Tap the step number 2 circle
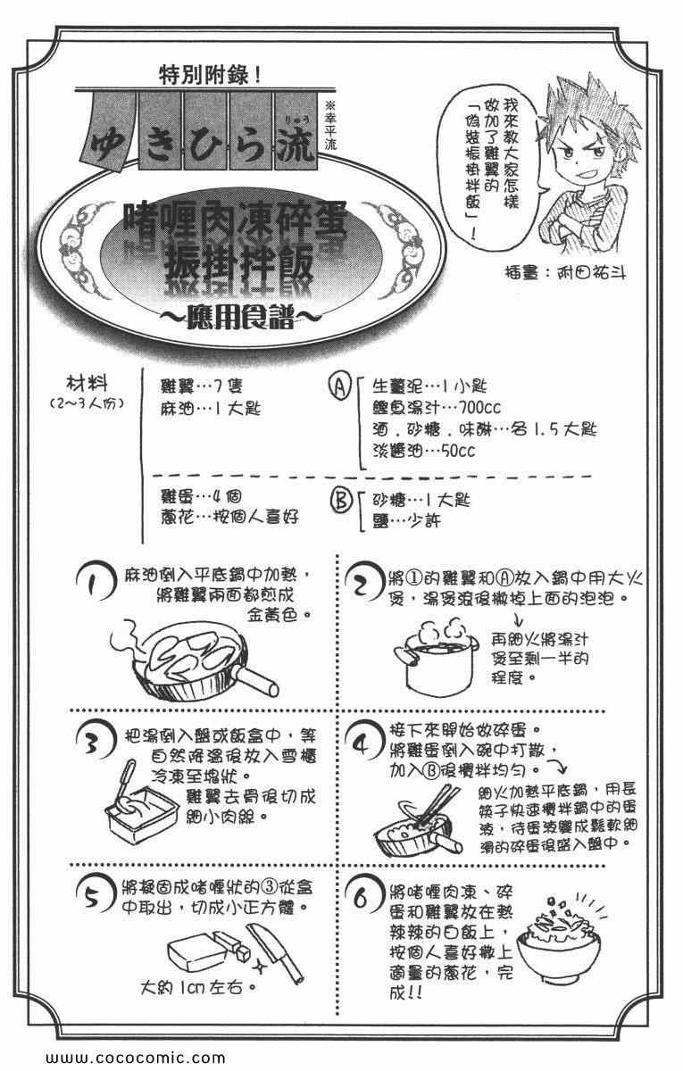click(x=361, y=585)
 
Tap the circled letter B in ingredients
click(x=339, y=503)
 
